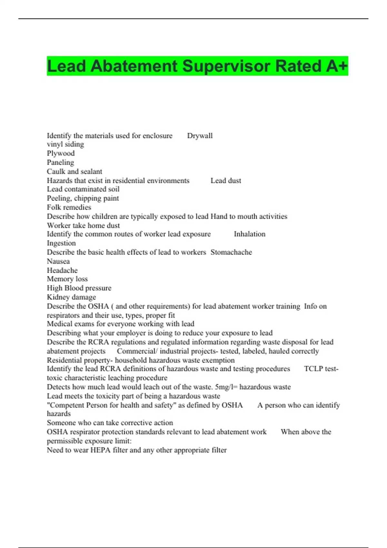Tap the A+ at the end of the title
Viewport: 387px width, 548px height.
[336, 66]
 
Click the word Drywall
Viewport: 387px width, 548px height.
[200, 136]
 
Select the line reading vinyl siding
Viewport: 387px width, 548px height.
[65, 144]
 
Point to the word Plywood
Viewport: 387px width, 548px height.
[61, 153]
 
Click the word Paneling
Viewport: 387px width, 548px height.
[60, 162]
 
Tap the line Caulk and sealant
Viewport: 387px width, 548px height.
[74, 171]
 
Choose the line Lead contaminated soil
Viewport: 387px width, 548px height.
[83, 189]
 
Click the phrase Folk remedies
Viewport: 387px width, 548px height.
[69, 207]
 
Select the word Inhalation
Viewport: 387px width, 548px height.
[250, 234]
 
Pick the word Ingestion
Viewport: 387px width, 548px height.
[61, 243]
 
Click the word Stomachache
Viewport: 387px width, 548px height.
[231, 252]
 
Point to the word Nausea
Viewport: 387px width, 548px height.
[58, 261]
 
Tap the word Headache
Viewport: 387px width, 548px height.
[62, 270]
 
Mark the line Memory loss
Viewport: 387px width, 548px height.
[67, 279]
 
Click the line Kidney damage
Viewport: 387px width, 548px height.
[71, 297]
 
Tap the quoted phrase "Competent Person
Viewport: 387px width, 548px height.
[77, 405]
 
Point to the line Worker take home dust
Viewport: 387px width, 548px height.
[83, 226]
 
